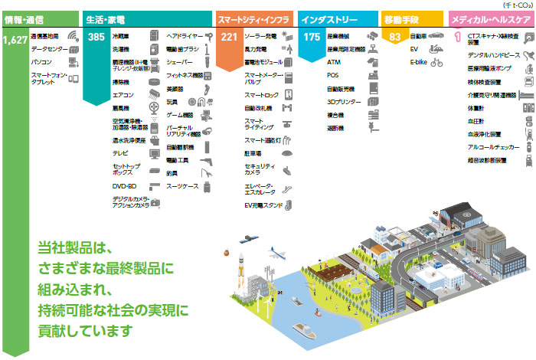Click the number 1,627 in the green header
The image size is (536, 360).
[14, 38]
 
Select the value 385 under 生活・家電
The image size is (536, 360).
[96, 37]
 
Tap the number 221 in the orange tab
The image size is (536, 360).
[229, 37]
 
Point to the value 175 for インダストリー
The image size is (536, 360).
[312, 37]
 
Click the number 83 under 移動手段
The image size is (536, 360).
[394, 37]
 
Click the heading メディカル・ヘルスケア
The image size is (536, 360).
[490, 17]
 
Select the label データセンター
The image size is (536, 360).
[47, 47]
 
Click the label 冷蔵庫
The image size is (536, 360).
[121, 36]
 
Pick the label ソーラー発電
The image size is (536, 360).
[260, 36]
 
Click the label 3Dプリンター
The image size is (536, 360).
[342, 101]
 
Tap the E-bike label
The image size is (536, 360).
[419, 61]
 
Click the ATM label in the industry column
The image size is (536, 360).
[333, 61]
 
